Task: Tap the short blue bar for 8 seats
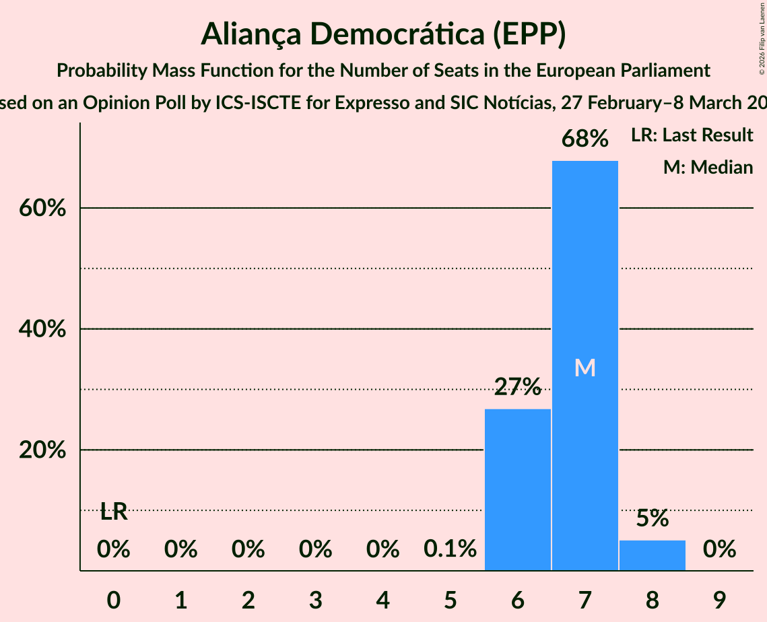(x=652, y=555)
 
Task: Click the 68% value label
(x=585, y=139)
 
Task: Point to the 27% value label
(x=517, y=387)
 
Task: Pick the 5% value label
(x=652, y=518)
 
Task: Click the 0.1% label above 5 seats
(x=450, y=549)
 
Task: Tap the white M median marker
(x=585, y=368)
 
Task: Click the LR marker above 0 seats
(x=114, y=512)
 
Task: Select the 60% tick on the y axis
(x=42, y=209)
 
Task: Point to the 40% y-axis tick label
(x=42, y=329)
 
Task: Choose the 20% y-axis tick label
(x=42, y=450)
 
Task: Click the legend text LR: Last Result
(x=692, y=135)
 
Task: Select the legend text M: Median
(x=708, y=168)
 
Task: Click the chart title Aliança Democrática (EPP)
(x=383, y=35)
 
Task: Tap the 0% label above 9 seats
(x=719, y=549)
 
